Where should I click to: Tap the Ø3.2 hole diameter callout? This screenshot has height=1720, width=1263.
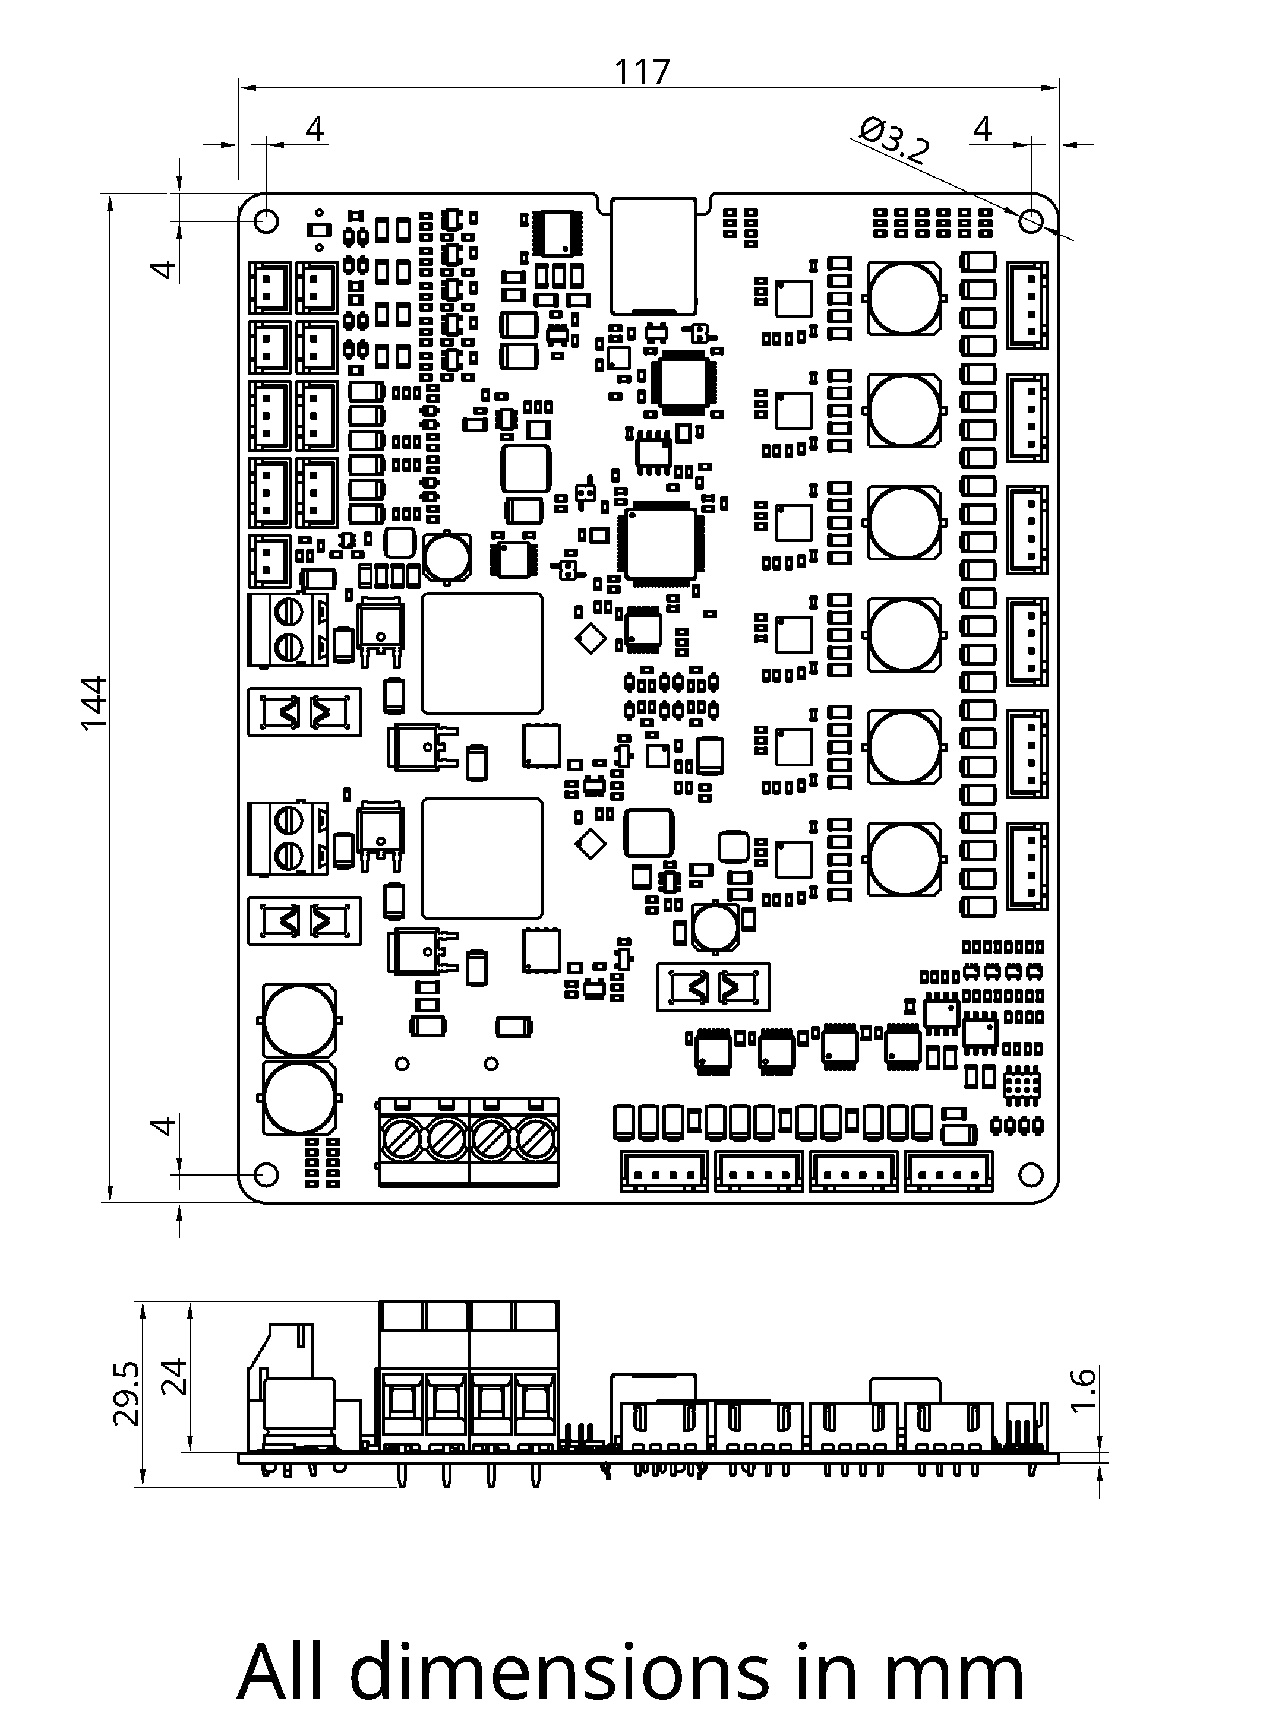click(x=895, y=141)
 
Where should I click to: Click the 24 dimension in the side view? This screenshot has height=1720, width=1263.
click(x=176, y=1376)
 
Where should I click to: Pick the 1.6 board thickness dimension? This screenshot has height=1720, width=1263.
click(x=1084, y=1390)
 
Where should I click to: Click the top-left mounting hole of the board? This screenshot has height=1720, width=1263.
click(x=266, y=221)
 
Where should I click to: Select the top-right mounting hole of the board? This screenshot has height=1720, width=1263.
click(x=1031, y=221)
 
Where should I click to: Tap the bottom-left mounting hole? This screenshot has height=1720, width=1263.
click(x=266, y=1174)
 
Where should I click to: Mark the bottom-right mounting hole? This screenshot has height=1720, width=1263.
click(x=1031, y=1174)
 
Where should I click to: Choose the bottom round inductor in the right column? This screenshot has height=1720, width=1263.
click(x=904, y=859)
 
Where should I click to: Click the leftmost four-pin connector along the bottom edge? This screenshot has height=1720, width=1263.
click(x=663, y=1171)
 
